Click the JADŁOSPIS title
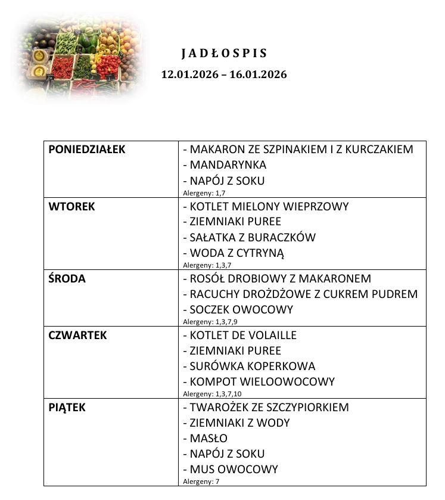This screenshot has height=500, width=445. (224, 54)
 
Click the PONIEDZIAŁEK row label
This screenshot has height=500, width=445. (87, 150)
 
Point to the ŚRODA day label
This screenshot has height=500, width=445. (67, 279)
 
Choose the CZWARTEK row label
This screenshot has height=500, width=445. (77, 336)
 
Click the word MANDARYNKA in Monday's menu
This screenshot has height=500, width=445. (228, 165)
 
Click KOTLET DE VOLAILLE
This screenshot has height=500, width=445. (242, 336)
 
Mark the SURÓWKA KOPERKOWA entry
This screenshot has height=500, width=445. (252, 367)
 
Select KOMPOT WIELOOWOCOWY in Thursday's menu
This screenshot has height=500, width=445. (262, 382)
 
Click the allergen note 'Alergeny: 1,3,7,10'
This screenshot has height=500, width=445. (212, 394)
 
